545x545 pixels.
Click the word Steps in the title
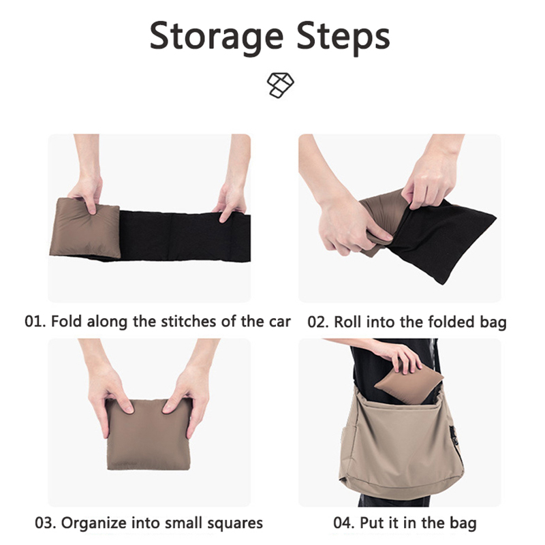click(343, 37)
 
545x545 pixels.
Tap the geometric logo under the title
click(280, 85)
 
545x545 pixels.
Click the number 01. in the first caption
click(35, 322)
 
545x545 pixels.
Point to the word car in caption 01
click(280, 322)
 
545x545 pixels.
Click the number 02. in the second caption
click(318, 322)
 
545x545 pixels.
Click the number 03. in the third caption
click(46, 523)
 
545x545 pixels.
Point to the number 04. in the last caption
click(344, 523)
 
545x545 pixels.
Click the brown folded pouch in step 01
click(84, 228)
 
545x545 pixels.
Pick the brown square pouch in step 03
click(149, 435)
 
